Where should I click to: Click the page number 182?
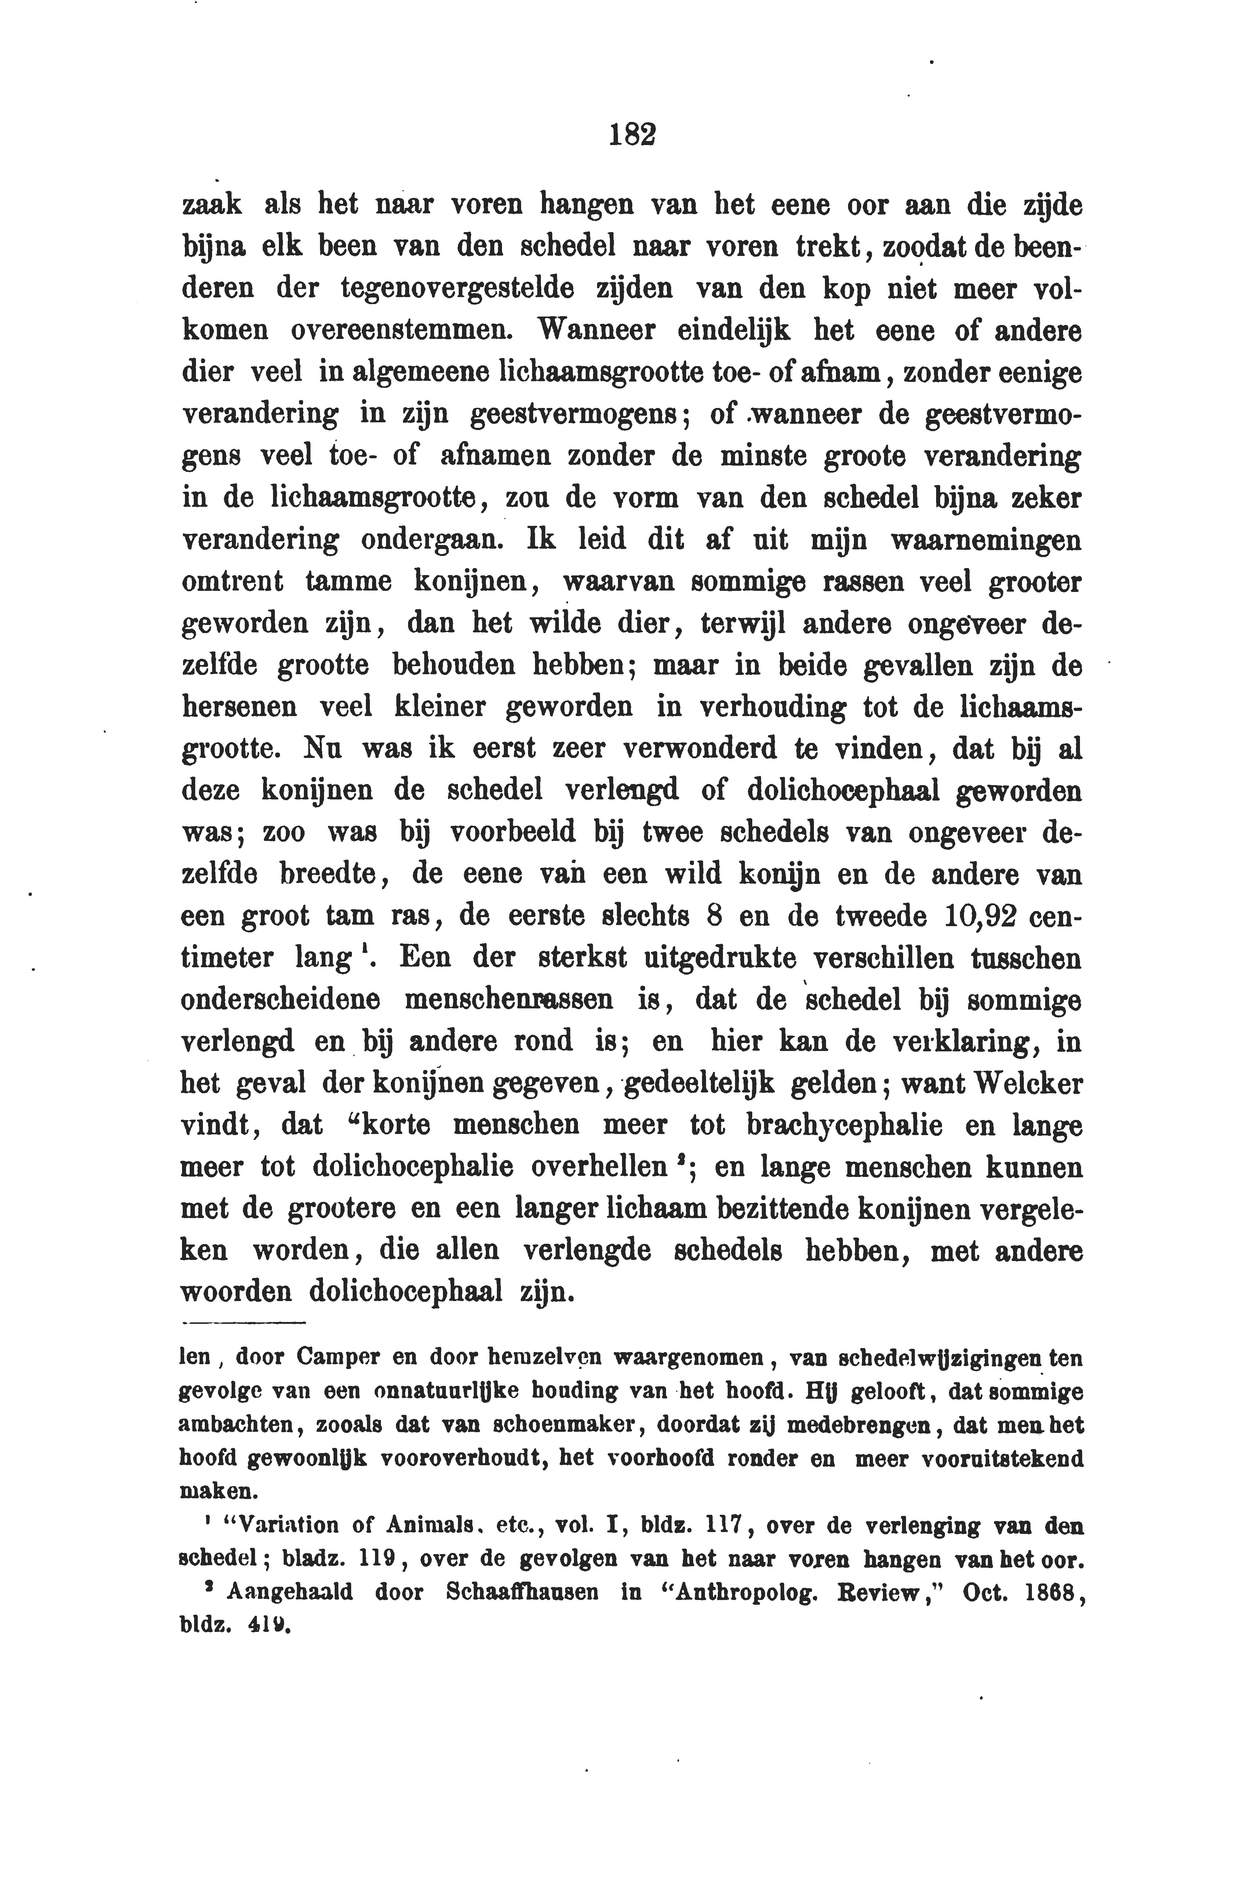point(632,134)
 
